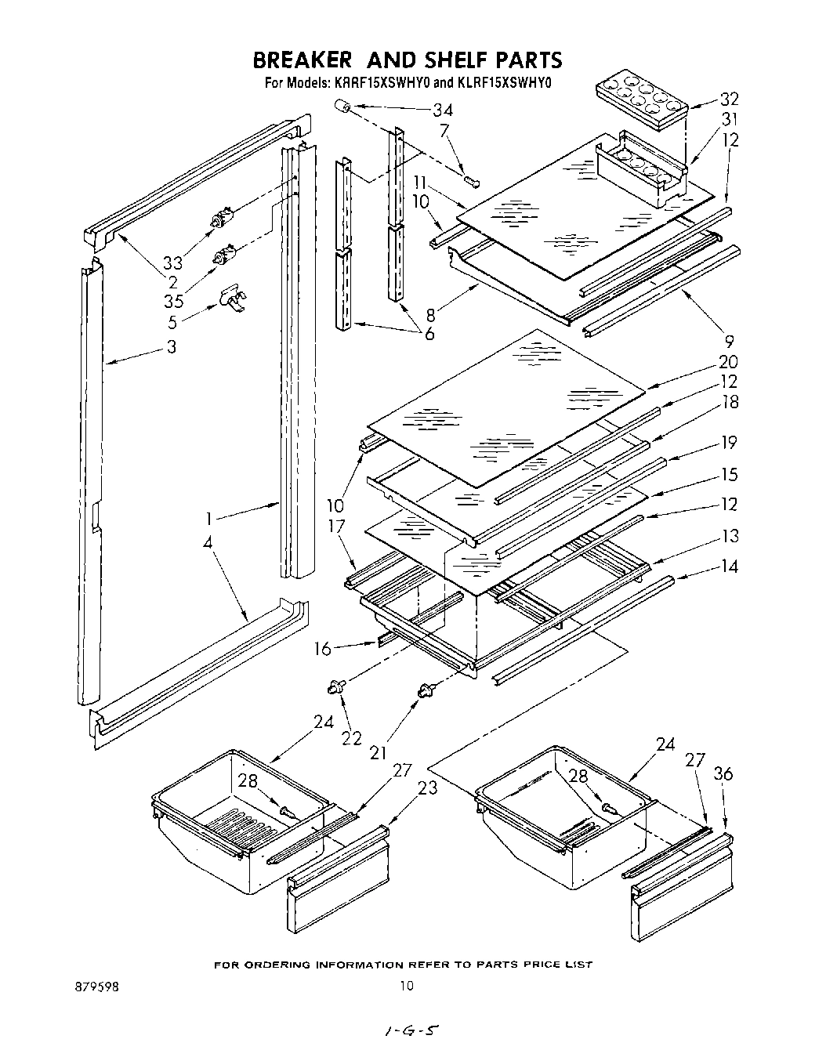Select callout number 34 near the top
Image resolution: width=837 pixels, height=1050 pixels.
[443, 110]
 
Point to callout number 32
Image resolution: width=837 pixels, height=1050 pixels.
[729, 99]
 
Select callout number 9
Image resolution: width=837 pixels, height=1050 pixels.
[729, 341]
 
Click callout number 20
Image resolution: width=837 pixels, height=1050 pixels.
[728, 362]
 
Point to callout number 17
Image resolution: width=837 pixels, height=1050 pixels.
[336, 527]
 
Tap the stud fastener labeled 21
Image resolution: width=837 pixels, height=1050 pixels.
[427, 690]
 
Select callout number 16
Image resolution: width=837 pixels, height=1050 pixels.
[323, 649]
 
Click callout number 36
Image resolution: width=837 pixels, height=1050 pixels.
[723, 774]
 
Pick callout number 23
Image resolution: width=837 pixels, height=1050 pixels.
[427, 787]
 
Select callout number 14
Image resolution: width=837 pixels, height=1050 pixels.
[729, 566]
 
